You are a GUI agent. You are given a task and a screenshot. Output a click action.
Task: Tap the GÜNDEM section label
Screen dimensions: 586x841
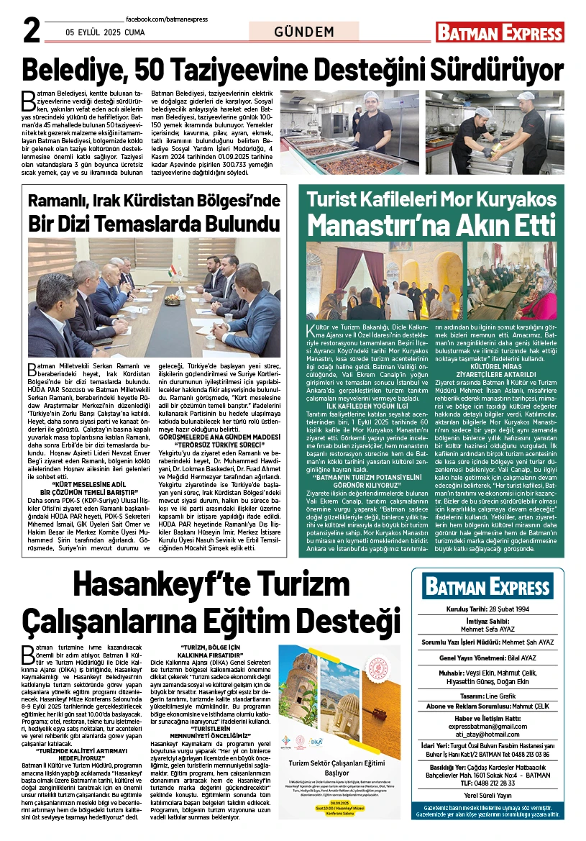(x=304, y=32)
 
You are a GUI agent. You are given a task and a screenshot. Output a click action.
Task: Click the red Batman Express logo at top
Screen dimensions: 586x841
(x=500, y=32)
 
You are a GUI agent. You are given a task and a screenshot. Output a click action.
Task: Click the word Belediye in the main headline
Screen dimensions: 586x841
(x=79, y=71)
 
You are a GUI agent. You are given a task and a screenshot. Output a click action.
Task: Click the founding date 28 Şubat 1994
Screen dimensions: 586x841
(x=511, y=609)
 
